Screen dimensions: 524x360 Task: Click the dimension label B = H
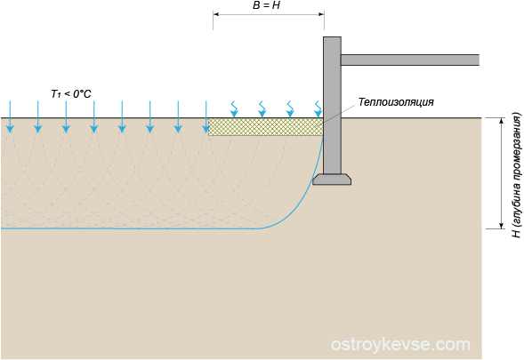(266, 5)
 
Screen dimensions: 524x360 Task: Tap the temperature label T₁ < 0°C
(71, 94)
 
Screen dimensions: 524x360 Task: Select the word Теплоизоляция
(396, 102)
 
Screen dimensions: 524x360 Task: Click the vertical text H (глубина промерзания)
(517, 175)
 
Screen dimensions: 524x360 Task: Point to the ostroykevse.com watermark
(400, 344)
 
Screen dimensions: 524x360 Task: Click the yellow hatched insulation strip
(266, 126)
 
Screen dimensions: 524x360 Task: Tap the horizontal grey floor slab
(410, 60)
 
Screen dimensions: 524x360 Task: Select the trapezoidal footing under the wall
(332, 180)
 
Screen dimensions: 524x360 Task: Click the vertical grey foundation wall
(332, 105)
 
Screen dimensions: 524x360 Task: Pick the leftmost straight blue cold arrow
(10, 116)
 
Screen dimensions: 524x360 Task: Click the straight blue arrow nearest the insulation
(206, 116)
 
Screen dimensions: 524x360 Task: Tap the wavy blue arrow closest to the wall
(318, 109)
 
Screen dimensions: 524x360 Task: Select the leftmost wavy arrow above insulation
(234, 109)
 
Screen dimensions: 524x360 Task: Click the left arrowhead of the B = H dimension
(216, 14)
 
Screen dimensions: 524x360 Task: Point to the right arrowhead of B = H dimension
(321, 14)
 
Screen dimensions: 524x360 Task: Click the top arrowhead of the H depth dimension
(501, 121)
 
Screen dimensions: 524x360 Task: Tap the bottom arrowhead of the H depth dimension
(501, 226)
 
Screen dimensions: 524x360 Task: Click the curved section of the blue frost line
(302, 200)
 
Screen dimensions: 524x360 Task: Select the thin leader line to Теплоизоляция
(340, 113)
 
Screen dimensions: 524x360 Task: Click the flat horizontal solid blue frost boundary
(130, 228)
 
